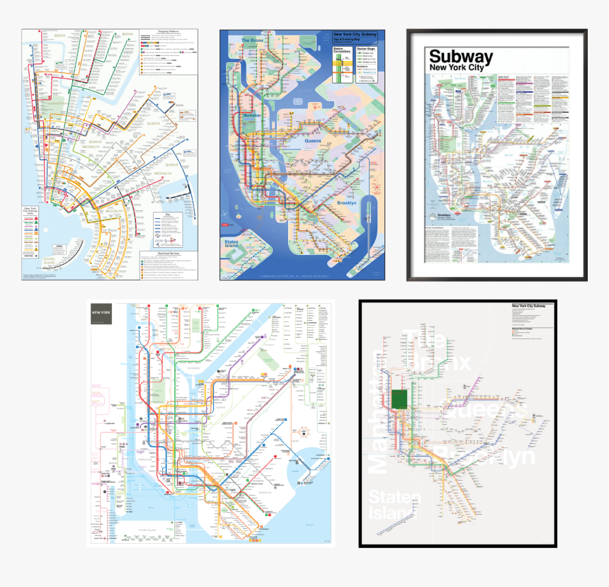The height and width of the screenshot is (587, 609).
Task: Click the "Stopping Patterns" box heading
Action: click(167, 32)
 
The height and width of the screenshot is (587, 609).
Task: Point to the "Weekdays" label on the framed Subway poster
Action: click(438, 211)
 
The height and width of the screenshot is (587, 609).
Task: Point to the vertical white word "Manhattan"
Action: click(375, 414)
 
